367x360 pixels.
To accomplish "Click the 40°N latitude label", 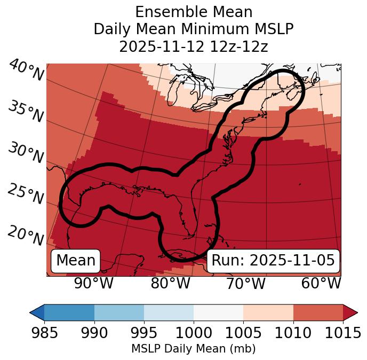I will (x=26, y=71).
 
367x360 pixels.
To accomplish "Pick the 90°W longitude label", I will (x=94, y=283).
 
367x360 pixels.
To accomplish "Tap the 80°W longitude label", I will (x=170, y=283).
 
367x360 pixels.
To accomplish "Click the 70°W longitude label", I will (x=245, y=283).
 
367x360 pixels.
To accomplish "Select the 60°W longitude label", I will (x=321, y=283).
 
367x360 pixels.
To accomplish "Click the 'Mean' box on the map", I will (x=76, y=261).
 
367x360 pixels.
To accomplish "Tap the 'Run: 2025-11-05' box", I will (x=273, y=261).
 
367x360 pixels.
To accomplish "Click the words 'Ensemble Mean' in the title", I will (x=194, y=12).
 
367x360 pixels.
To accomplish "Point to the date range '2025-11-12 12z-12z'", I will (x=194, y=46).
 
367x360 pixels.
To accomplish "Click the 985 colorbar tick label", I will (x=45, y=333).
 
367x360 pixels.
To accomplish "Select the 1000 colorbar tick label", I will (x=194, y=333).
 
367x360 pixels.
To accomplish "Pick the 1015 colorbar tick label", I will (x=343, y=333).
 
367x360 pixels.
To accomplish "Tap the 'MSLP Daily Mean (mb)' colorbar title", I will (x=194, y=349).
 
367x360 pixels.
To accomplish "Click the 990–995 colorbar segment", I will (x=119, y=312).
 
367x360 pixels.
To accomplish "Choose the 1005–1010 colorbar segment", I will (x=268, y=312).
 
